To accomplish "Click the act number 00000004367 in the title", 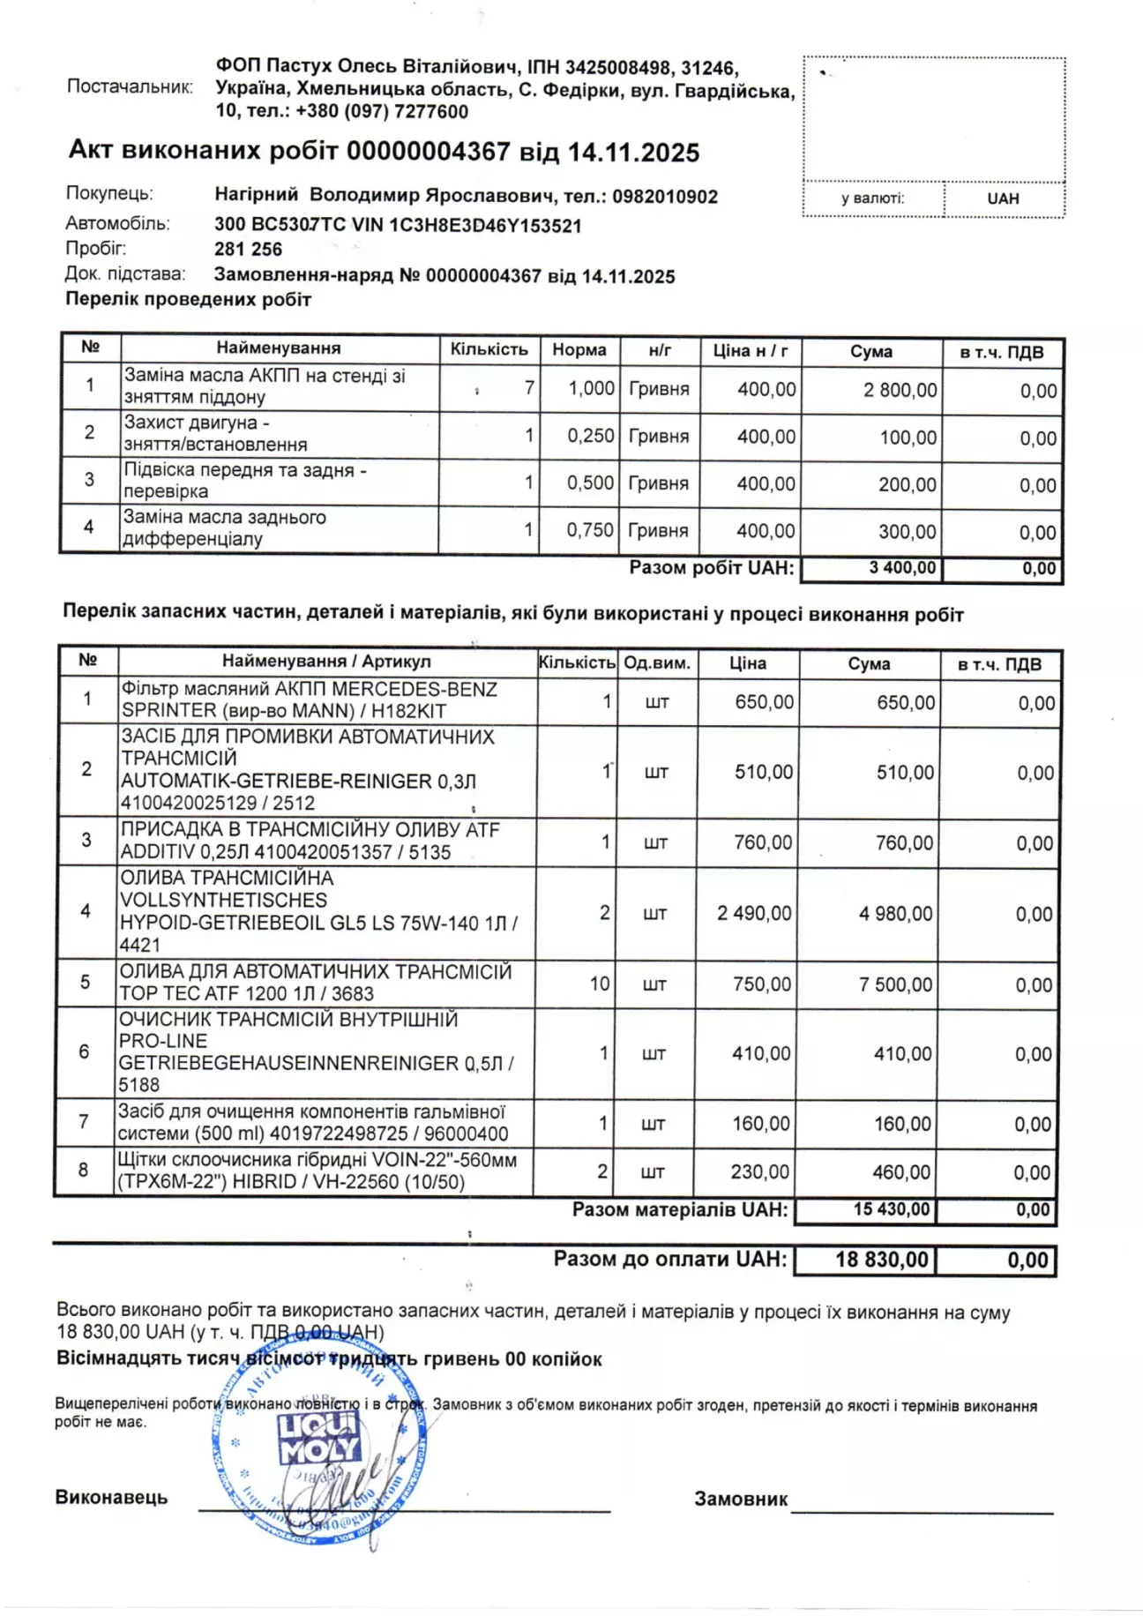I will tap(428, 152).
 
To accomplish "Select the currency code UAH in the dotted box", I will tap(1003, 198).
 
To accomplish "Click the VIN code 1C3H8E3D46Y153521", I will tap(485, 225).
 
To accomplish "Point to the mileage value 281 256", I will tap(248, 250).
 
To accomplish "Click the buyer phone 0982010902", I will tap(665, 197).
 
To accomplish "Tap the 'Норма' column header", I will tap(579, 349).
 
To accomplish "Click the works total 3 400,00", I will tap(901, 568).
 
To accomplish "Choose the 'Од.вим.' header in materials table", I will tap(656, 662).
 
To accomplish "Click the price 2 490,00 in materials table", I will tap(754, 913).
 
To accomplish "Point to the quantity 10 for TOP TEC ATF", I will tap(600, 984).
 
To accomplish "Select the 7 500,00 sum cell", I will tap(895, 984).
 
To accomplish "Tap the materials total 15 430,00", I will tap(891, 1209).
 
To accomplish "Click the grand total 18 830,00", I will tap(882, 1260).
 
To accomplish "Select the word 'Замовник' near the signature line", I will tap(741, 1499).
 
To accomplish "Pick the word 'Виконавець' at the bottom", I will tap(111, 1497).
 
